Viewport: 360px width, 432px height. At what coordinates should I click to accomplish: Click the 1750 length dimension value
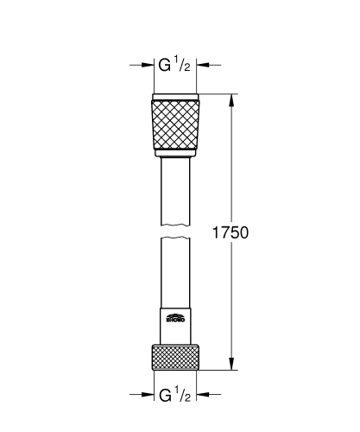click(231, 233)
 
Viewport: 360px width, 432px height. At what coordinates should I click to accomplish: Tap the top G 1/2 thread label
click(174, 64)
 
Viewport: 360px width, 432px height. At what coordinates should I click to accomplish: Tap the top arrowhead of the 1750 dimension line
click(231, 98)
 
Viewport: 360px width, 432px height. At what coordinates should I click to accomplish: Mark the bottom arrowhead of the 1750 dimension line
click(231, 366)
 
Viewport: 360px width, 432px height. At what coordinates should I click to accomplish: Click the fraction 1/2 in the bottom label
click(183, 395)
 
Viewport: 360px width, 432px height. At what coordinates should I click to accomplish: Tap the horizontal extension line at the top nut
click(220, 92)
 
